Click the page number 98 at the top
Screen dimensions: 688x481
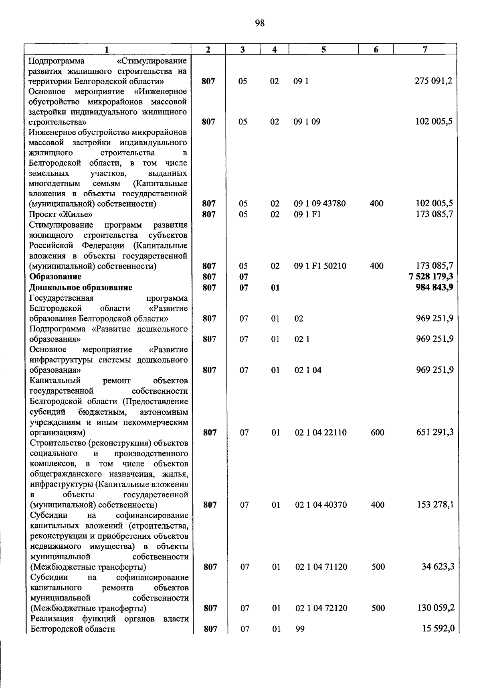point(260,23)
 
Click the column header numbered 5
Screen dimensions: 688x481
point(323,49)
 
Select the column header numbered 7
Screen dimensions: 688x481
point(425,49)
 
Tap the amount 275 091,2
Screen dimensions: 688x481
point(433,81)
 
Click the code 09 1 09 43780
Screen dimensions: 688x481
point(319,204)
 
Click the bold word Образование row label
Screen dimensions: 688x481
point(55,277)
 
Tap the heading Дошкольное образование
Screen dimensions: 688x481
point(81,287)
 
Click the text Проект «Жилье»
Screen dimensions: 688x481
point(61,214)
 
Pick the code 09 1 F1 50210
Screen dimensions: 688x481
point(320,266)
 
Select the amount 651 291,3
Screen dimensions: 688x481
point(435,432)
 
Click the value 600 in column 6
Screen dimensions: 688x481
point(377,433)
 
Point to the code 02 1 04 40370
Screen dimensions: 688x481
point(321,505)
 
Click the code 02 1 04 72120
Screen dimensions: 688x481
point(321,608)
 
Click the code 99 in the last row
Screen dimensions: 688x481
point(300,629)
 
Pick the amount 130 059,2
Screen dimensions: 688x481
point(435,608)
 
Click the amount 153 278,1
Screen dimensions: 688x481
point(435,505)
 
